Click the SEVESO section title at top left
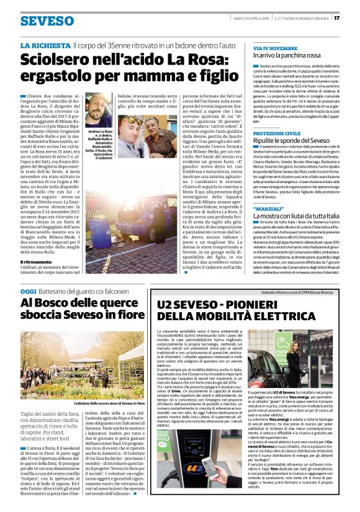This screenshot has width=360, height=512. (47, 20)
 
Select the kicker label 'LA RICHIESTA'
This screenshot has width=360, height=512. (45, 45)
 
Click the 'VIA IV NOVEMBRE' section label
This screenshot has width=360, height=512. (275, 48)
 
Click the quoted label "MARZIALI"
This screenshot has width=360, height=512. (268, 206)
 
